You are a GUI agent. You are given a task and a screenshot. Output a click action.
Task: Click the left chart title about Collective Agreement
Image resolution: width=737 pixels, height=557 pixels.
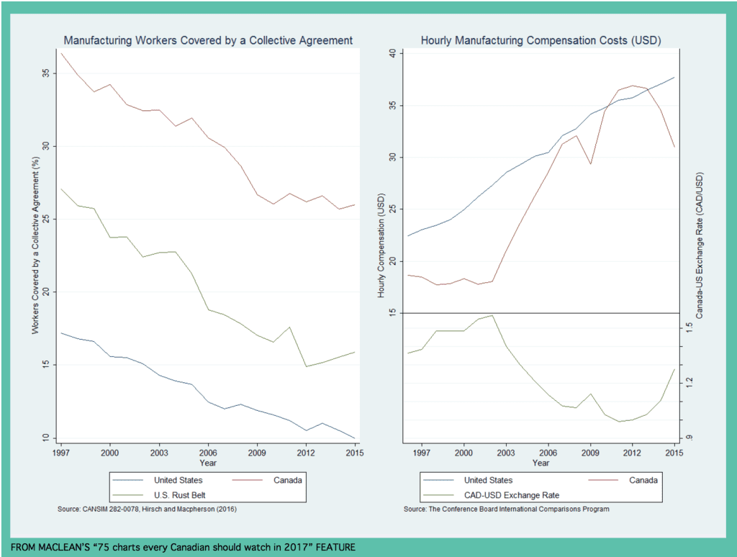point(209,40)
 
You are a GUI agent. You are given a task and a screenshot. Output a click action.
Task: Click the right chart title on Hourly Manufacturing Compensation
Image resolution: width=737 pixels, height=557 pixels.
point(541,40)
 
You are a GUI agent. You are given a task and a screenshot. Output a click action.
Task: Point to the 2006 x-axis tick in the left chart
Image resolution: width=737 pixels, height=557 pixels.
point(208,455)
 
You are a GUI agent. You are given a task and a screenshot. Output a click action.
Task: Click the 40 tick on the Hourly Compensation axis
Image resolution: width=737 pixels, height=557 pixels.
point(392,53)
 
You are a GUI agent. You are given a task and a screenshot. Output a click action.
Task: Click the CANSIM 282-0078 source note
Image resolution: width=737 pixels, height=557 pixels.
point(147,510)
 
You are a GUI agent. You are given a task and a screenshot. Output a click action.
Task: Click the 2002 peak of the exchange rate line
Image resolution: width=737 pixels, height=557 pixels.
point(492,315)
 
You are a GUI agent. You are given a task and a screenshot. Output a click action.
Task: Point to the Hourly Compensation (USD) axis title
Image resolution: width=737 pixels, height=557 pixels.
point(381,245)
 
